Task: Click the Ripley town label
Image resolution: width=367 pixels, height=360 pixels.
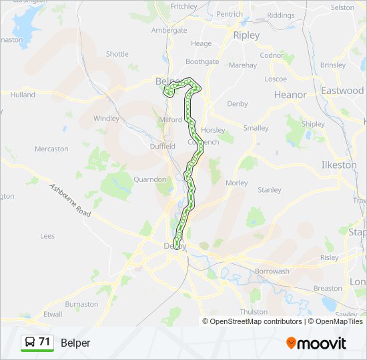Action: pyautogui.click(x=246, y=35)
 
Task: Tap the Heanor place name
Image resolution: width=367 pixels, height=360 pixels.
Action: pyautogui.click(x=290, y=95)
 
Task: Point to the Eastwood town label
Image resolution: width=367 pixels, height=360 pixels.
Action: pyautogui.click(x=342, y=90)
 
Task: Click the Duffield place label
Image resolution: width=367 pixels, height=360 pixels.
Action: pyautogui.click(x=163, y=146)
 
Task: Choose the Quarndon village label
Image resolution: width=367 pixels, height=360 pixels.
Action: pyautogui.click(x=149, y=179)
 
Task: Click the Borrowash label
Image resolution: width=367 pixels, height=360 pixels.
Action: pyautogui.click(x=272, y=271)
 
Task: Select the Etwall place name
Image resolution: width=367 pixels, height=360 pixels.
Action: pyautogui.click(x=52, y=314)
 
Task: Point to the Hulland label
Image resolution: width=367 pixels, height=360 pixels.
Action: pyautogui.click(x=22, y=95)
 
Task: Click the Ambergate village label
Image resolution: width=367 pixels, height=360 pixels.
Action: pyautogui.click(x=169, y=30)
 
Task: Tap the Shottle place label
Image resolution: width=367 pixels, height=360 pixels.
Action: pyautogui.click(x=117, y=54)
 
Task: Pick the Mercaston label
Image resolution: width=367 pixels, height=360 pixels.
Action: pyautogui.click(x=51, y=149)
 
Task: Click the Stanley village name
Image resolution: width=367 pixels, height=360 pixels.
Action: pyautogui.click(x=270, y=190)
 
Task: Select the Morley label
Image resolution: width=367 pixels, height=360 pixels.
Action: pyautogui.click(x=236, y=183)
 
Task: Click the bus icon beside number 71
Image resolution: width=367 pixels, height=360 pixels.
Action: pyautogui.click(x=30, y=343)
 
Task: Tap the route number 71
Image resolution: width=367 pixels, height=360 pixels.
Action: pyautogui.click(x=45, y=342)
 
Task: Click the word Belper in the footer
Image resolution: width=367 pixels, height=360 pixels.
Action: pyautogui.click(x=75, y=343)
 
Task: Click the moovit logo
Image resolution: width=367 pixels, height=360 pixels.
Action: pyautogui.click(x=316, y=343)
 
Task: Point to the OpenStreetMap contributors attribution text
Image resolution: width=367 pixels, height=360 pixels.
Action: pyautogui.click(x=256, y=321)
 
